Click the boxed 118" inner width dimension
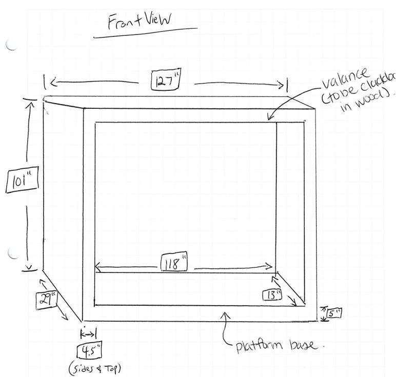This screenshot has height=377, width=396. click(x=174, y=264)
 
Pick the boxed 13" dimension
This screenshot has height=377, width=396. click(x=271, y=295)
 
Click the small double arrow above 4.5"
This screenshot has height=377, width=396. click(x=89, y=334)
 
